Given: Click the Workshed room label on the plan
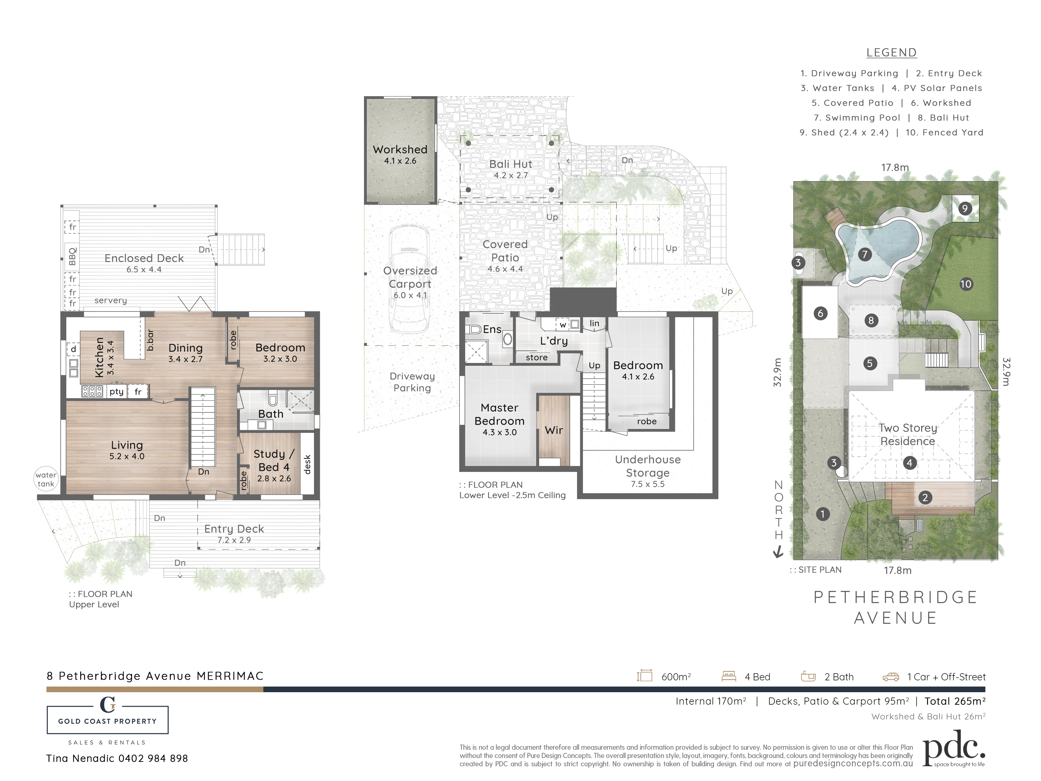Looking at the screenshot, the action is pos(400,150).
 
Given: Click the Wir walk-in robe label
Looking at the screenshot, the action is pos(554,430).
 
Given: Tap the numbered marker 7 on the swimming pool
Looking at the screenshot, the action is pos(865,255).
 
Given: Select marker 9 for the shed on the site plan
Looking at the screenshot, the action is pos(965,208).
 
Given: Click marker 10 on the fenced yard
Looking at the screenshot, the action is pos(966,284).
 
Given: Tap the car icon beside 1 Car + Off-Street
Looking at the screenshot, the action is pos(891,677).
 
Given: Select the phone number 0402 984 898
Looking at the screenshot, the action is pos(153,758).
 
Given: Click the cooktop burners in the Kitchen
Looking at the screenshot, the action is pos(92,391).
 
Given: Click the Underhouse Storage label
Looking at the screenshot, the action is pos(647,466).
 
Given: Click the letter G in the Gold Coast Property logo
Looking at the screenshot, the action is pos(107,705).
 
